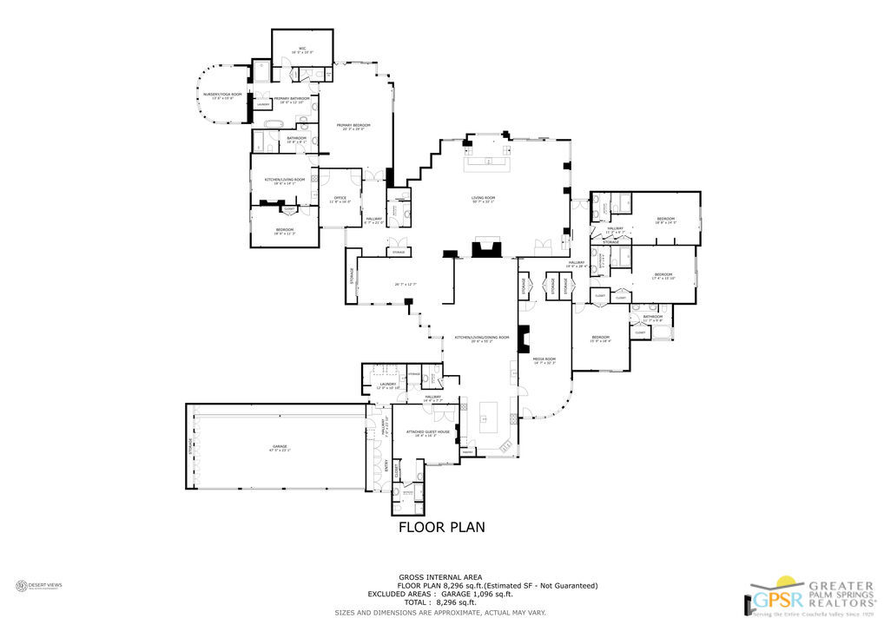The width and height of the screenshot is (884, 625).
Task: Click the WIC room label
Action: pos(302,49)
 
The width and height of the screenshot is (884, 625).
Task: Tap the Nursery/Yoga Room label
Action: pos(222,95)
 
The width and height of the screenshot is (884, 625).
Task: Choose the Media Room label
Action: pos(544,359)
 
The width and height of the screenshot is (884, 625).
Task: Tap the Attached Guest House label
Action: pos(432,431)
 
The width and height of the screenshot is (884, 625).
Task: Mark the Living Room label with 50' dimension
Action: pos(483,200)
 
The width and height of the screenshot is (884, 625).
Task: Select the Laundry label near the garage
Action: pos(388,385)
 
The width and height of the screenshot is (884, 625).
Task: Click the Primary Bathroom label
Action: pos(291,100)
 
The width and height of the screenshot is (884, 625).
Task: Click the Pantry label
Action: pos(467,452)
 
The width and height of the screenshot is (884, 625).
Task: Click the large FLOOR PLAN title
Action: pos(441,527)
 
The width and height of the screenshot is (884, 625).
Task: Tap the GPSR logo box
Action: pos(768,600)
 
